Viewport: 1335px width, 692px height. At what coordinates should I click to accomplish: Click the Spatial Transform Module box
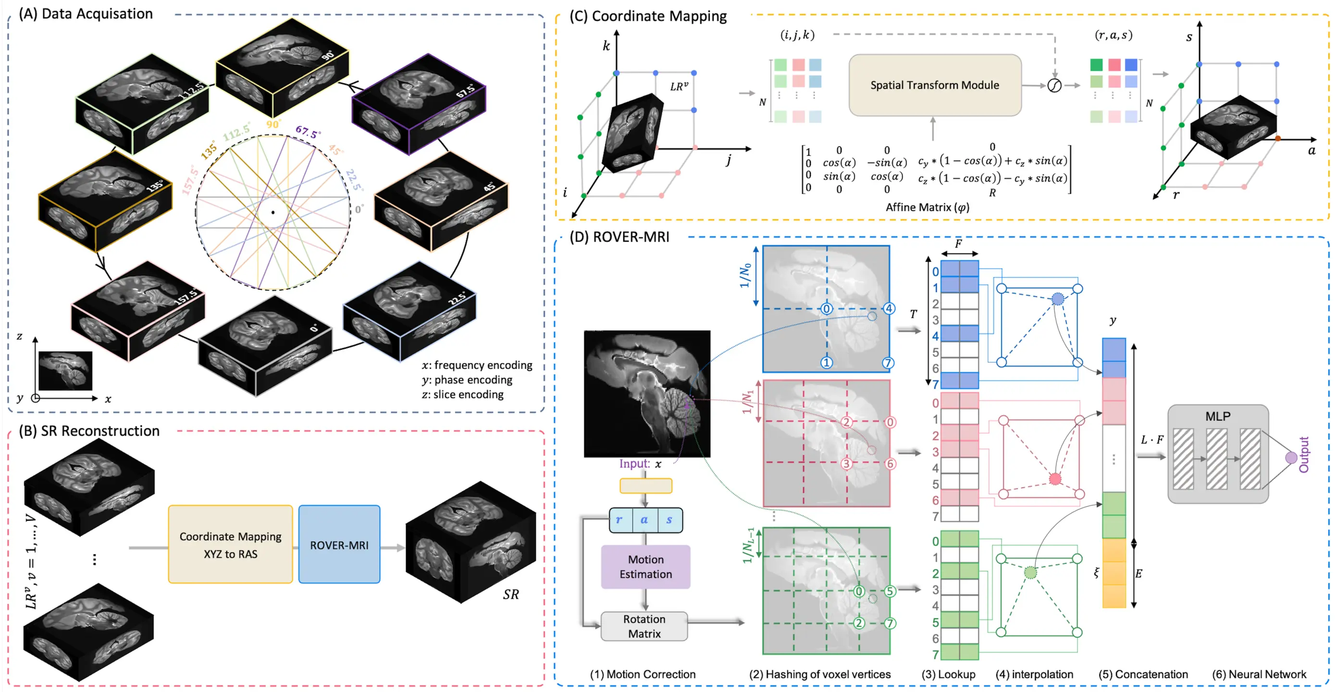click(934, 85)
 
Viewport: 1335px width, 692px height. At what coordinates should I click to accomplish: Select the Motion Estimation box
click(645, 567)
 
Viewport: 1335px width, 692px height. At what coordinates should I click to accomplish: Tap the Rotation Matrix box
click(644, 626)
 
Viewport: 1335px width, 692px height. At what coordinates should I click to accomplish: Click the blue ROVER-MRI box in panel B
click(339, 545)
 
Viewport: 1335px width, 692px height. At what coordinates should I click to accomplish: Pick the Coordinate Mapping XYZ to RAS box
click(230, 545)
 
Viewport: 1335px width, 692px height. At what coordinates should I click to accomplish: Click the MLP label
click(1217, 416)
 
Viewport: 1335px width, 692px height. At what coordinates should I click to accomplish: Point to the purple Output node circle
click(1291, 457)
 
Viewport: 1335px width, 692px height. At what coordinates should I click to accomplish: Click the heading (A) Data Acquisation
click(86, 14)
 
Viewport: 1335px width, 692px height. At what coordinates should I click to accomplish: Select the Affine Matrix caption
click(927, 207)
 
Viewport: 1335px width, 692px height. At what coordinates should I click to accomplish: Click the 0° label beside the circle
click(359, 210)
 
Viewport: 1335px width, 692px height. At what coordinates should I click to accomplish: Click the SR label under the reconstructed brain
click(510, 594)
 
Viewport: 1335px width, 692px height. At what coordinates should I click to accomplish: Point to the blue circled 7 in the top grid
click(888, 363)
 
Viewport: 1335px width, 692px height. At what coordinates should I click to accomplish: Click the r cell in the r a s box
click(619, 520)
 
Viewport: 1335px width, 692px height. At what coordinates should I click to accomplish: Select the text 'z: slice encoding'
click(462, 395)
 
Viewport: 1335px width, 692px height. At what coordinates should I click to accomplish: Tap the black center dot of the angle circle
click(273, 212)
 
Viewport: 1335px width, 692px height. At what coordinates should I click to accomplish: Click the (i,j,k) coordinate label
click(797, 35)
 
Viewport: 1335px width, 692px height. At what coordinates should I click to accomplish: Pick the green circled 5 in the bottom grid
click(890, 591)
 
